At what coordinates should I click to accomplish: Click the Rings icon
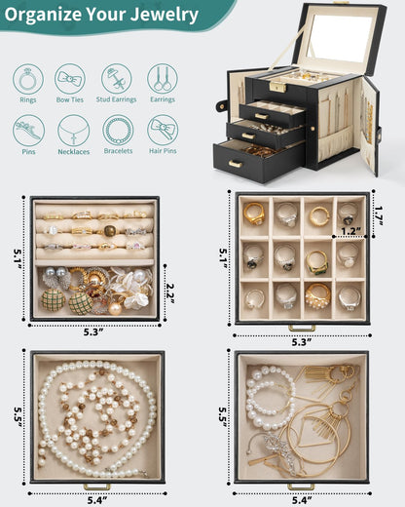pos(28,79)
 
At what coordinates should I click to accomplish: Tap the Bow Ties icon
pos(70,79)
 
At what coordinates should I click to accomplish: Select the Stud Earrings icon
pos(116,79)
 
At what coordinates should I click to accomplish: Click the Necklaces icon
pos(73,131)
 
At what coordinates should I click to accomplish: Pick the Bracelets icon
pos(118,131)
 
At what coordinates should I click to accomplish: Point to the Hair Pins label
pos(163,151)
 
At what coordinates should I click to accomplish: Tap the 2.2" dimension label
pos(170,293)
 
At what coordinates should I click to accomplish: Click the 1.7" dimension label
pos(379,215)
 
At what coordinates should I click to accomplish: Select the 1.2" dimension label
pos(351,231)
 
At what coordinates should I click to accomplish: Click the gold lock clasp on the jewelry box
pos(276,87)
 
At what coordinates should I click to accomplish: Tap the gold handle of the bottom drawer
pos(235,164)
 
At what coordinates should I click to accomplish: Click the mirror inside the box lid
pos(340,38)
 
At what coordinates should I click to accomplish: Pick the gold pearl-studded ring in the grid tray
pos(317,295)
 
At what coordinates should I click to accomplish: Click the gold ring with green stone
pos(317,262)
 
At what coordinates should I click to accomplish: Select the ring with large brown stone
pos(110,231)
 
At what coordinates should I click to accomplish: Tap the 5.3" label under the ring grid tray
pos(302,342)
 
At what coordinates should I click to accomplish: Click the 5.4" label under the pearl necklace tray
pos(97,500)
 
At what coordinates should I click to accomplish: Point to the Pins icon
pos(28,131)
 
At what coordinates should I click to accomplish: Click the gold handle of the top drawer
pos(261,116)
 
